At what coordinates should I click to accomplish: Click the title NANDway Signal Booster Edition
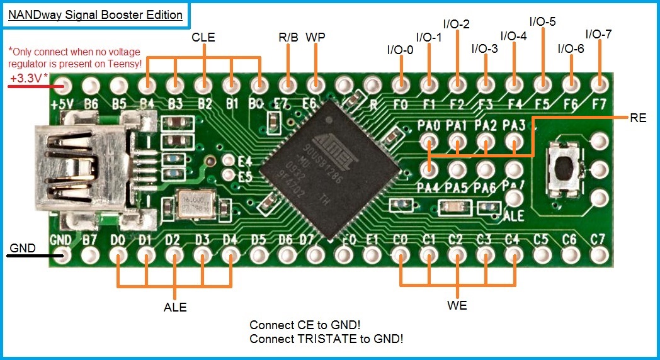coord(95,14)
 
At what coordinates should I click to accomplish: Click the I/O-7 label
coord(598,34)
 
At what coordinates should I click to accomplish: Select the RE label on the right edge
coord(638,118)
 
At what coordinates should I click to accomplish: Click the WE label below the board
coord(457,306)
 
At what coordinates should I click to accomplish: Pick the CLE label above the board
coord(203,38)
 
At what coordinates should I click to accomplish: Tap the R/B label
coord(288,37)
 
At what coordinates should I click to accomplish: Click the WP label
coord(315,37)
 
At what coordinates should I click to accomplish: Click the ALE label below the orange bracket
coord(175,307)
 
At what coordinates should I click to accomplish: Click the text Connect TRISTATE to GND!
coord(326,339)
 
